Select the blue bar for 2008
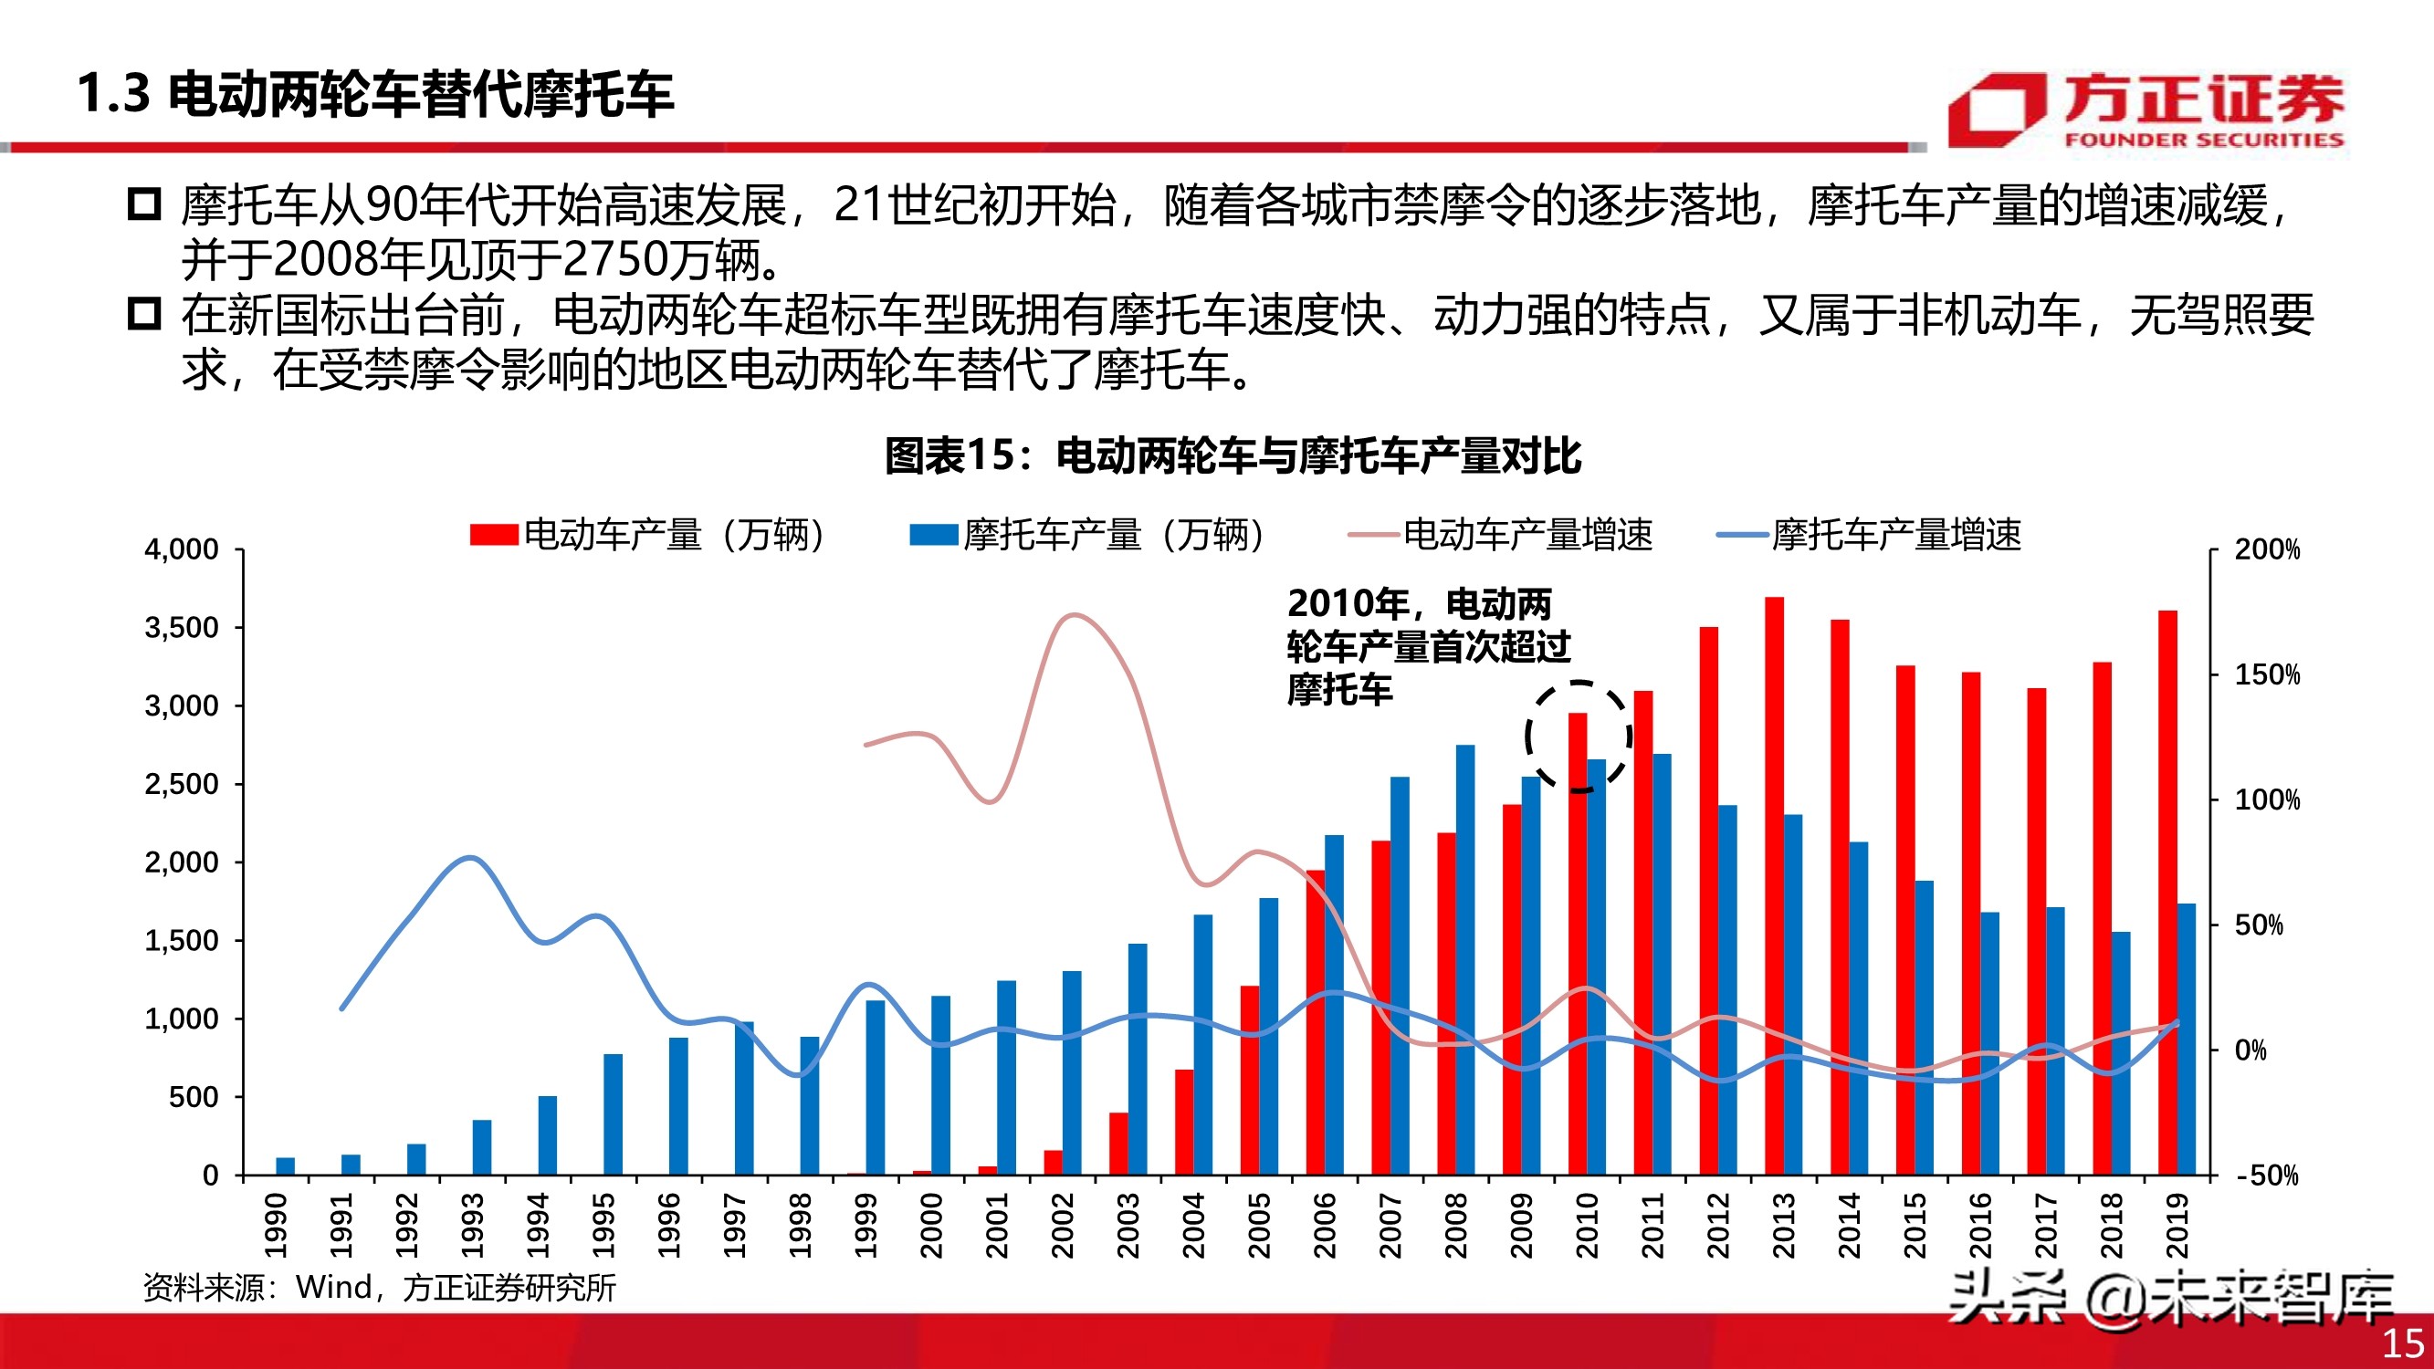tap(1464, 960)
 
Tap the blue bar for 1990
tap(286, 1165)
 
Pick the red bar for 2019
tap(2167, 893)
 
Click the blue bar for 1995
tap(614, 1115)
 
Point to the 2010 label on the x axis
tap(1587, 1225)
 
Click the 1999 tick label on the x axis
tap(866, 1225)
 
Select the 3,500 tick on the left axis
tap(182, 627)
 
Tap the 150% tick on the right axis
tap(2267, 674)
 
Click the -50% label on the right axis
tap(2267, 1176)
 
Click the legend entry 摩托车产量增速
tap(1871, 535)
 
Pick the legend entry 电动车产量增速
tap(1503, 535)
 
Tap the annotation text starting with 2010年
tap(1427, 646)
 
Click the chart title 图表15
tap(1233, 455)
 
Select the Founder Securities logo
tap(2145, 110)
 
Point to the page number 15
tap(2401, 1343)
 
